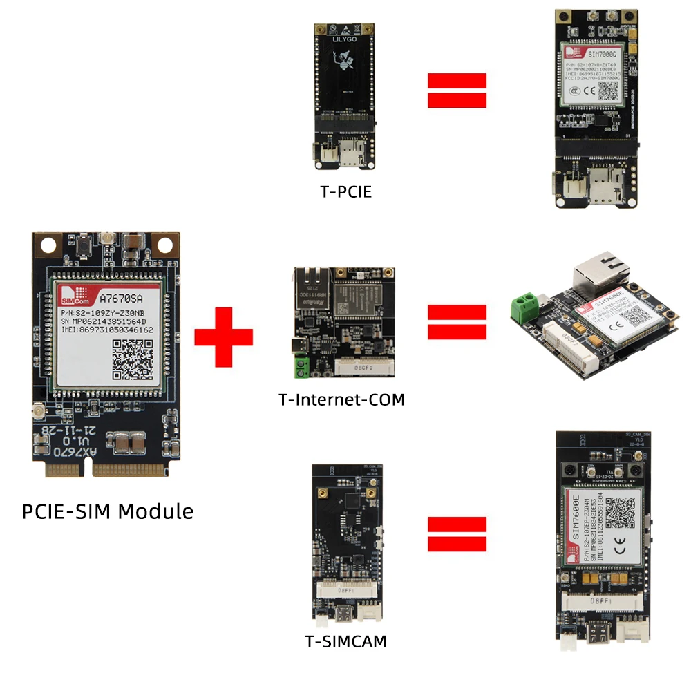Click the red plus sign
pos(223,337)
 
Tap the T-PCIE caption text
pos(345,191)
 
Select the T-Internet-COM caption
pos(341,399)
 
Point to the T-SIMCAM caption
pos(345,641)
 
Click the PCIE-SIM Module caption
pos(108,512)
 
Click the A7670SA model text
pos(122,300)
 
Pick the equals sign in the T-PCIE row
pos(457,91)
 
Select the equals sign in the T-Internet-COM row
pos(457,322)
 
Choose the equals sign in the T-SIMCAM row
pos(457,535)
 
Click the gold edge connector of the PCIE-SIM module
pos(107,470)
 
